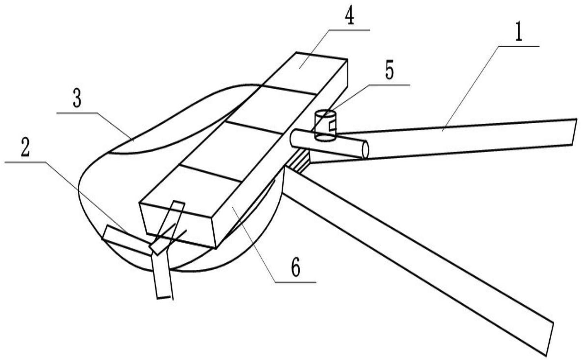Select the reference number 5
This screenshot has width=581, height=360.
pyautogui.click(x=389, y=71)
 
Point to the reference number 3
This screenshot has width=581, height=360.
pyautogui.click(x=77, y=100)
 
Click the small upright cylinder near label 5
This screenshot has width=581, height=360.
pyautogui.click(x=325, y=126)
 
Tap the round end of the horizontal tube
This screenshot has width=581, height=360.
pyautogui.click(x=365, y=150)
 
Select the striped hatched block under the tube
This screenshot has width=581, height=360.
pyautogui.click(x=298, y=161)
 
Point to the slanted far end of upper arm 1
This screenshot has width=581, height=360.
pyautogui.click(x=574, y=132)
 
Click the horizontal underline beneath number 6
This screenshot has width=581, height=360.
pyautogui.click(x=295, y=282)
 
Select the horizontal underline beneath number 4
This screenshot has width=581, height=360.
pyautogui.click(x=349, y=30)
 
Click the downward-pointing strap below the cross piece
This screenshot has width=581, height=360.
pyautogui.click(x=162, y=275)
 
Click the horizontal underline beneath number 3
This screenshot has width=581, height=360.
pyautogui.click(x=77, y=113)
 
